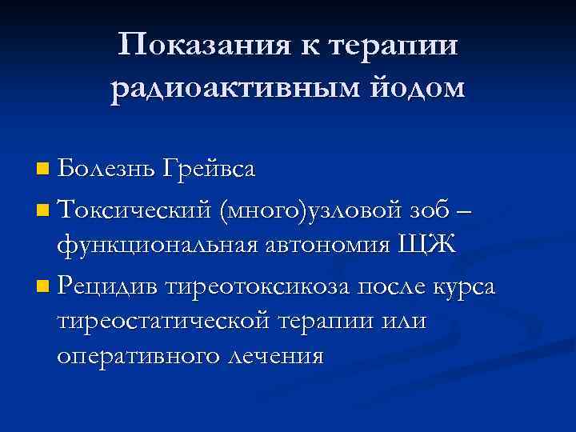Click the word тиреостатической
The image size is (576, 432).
pyautogui.click(x=166, y=320)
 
